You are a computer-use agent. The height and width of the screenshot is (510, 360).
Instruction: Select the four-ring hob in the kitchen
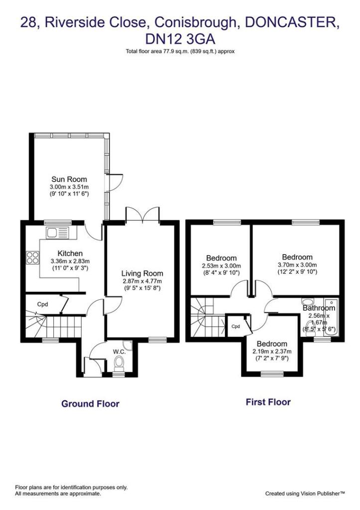tap(33, 258)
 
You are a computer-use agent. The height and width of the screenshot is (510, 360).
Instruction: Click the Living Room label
tap(142, 273)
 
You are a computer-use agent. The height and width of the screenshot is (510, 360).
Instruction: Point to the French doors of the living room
tap(142, 215)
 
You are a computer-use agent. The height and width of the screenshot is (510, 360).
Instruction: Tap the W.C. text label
tap(119, 352)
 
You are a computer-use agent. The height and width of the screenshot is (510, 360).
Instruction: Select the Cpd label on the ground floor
tap(43, 303)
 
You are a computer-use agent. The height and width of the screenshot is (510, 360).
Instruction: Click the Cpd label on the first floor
tap(236, 327)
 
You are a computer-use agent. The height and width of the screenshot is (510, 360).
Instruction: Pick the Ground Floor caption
tap(90, 403)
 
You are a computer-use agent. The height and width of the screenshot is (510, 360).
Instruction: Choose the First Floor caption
tap(268, 402)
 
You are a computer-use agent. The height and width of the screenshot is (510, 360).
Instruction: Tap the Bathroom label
tap(319, 308)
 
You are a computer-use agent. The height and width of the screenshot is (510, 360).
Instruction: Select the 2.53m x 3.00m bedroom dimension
tap(221, 265)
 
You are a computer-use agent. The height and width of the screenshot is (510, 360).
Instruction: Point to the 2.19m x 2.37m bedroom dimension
tap(271, 352)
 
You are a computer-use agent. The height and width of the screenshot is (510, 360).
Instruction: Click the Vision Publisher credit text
tap(305, 494)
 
